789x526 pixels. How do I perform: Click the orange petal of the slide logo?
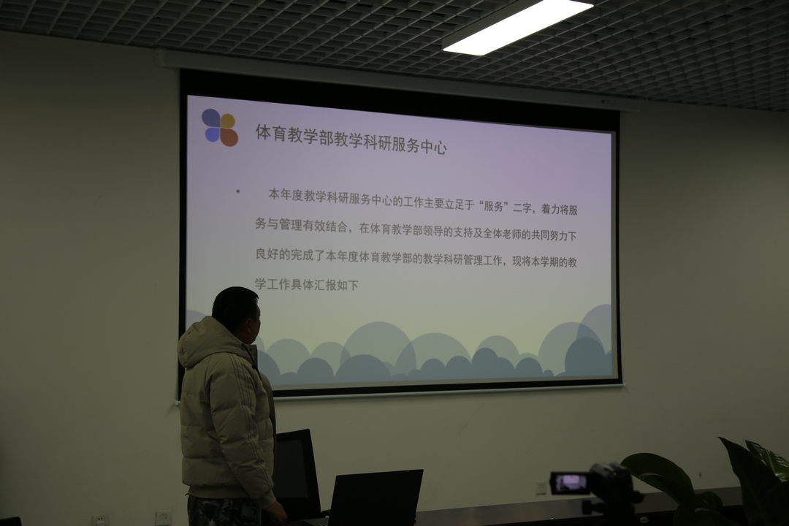229,137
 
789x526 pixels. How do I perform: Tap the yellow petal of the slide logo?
228,121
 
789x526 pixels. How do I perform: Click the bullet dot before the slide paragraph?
238,191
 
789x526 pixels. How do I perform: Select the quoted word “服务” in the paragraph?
493,206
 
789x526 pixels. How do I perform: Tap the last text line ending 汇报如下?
306,284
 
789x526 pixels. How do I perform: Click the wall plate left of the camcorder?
541,488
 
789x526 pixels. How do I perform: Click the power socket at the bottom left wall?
101,520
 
